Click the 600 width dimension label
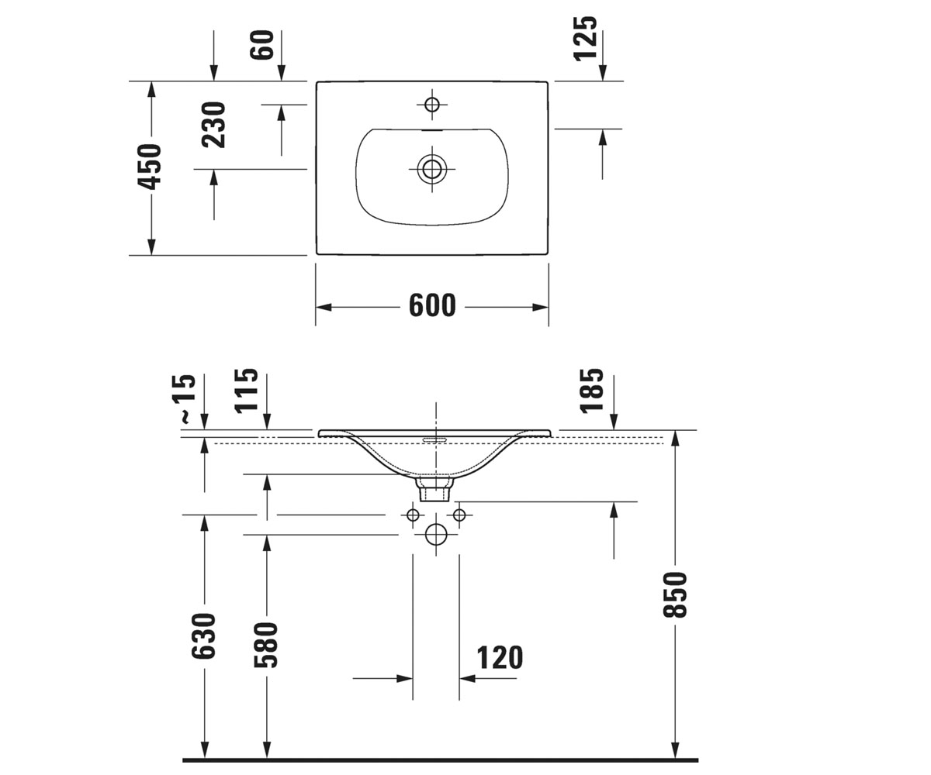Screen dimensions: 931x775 pyautogui.click(x=432, y=305)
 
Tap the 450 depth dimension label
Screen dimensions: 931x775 pyautogui.click(x=149, y=167)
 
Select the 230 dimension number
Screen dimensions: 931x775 pyautogui.click(x=213, y=125)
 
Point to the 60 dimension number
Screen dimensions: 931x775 pyautogui.click(x=261, y=44)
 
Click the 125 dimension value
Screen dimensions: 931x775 pyautogui.click(x=584, y=38)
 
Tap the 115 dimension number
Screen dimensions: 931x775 pyautogui.click(x=247, y=391)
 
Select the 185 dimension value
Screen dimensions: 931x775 pyautogui.click(x=591, y=391)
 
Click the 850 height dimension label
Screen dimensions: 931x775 pyautogui.click(x=675, y=594)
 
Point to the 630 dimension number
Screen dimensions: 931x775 pyautogui.click(x=203, y=635)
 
